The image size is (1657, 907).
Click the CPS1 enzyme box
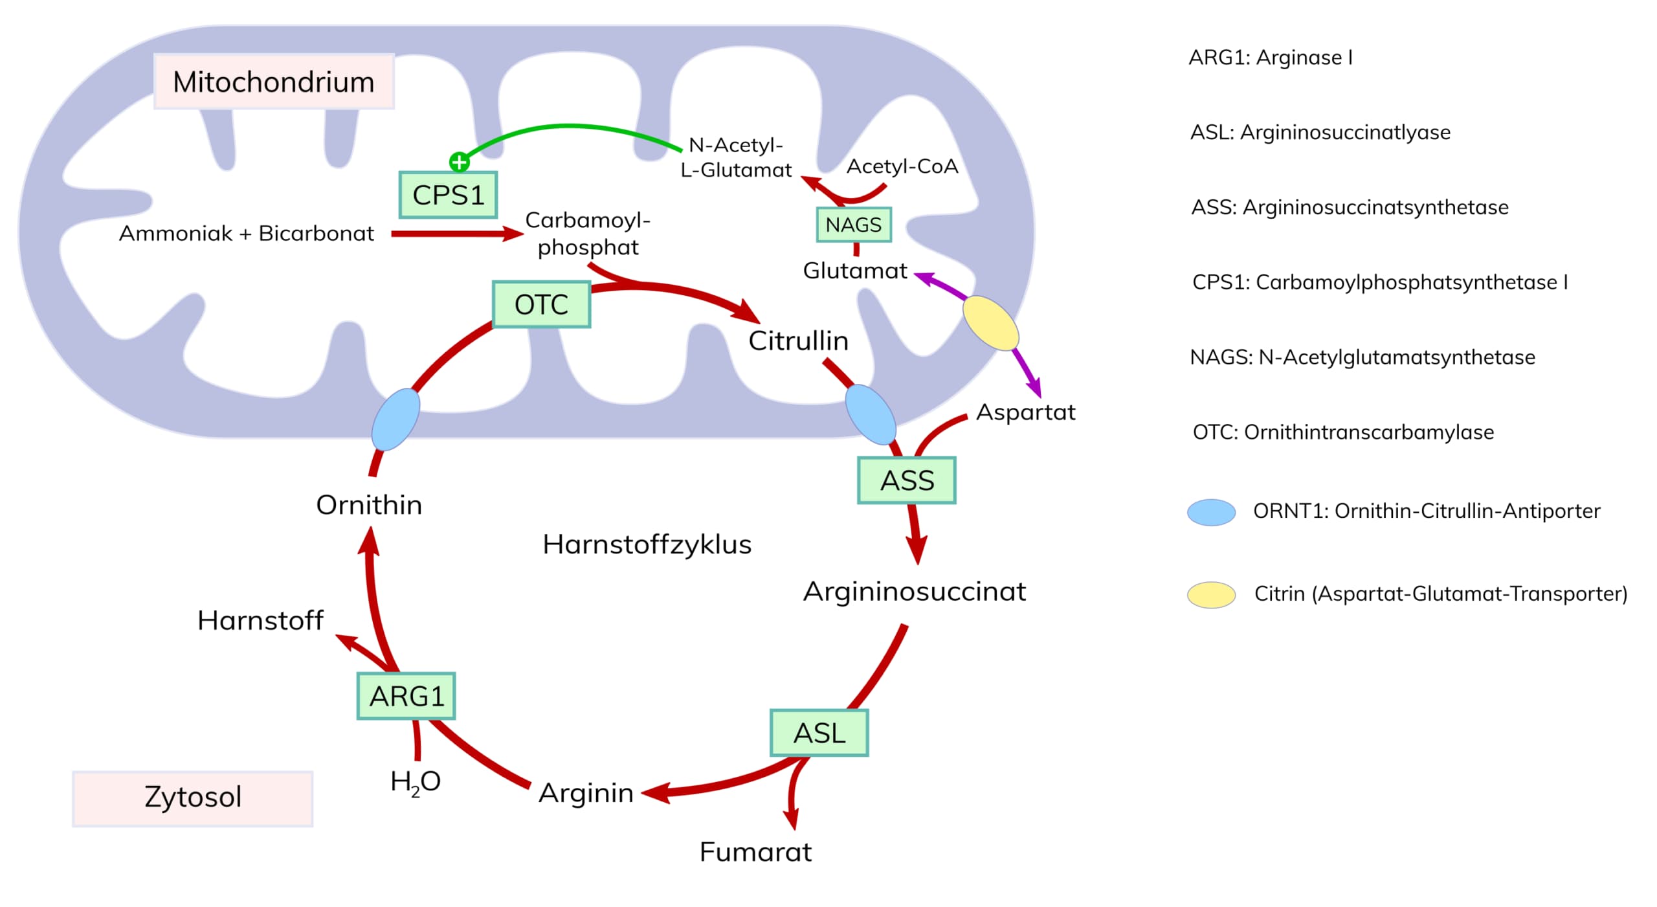point(448,195)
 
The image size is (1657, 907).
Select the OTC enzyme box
point(541,304)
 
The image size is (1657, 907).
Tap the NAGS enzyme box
point(853,225)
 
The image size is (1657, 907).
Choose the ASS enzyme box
point(906,480)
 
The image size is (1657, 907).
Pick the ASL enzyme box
point(819,733)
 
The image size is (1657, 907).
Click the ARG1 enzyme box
point(406,696)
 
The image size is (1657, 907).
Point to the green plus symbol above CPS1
point(459,162)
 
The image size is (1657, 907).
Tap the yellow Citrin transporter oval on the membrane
point(990,322)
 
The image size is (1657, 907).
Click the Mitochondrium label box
point(274,82)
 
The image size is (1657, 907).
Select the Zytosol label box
point(192,797)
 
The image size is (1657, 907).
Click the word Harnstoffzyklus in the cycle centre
point(647,544)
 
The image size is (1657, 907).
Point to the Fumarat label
point(755,852)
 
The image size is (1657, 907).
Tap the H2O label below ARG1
point(415,781)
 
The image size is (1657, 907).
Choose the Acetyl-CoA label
point(902,166)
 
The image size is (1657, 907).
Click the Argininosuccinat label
point(914,591)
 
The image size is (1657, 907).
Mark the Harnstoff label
point(260,620)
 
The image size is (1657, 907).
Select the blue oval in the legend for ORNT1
point(1211,512)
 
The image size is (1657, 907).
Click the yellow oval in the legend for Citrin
point(1211,594)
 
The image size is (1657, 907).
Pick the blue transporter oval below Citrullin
point(871,414)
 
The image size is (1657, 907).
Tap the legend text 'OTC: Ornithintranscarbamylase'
point(1342,432)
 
